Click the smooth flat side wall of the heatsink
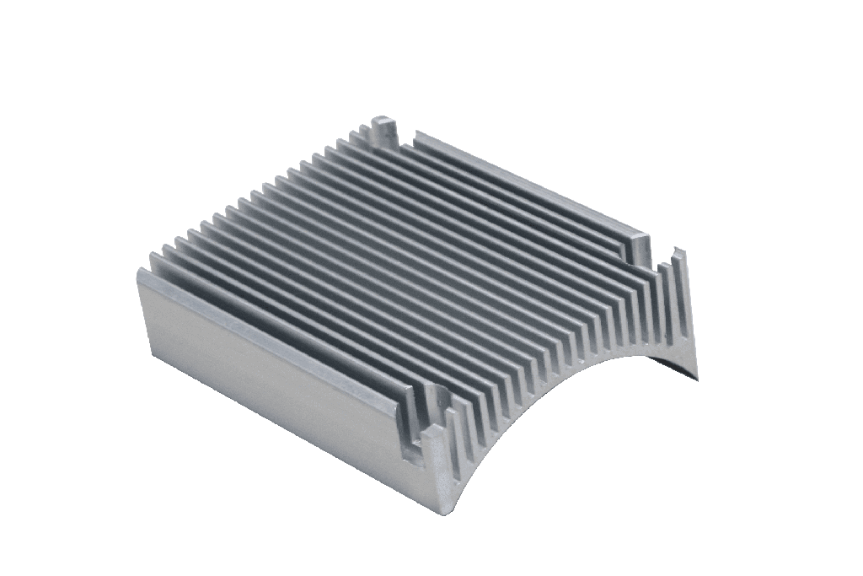click(270, 371)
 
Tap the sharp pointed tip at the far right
click(696, 374)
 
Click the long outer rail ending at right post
click(523, 181)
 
